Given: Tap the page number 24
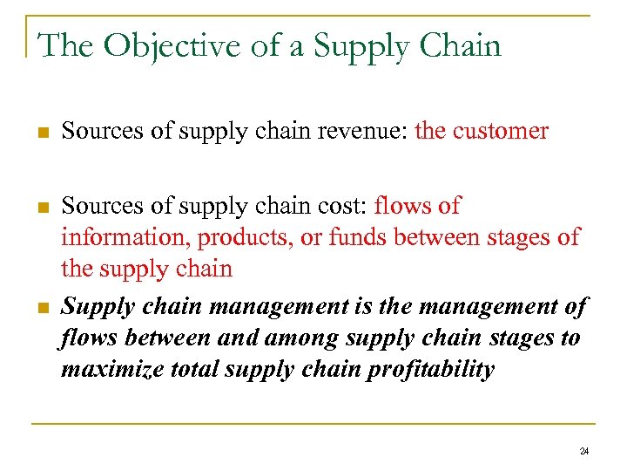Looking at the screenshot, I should (583, 451).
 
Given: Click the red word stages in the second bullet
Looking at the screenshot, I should (517, 237).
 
